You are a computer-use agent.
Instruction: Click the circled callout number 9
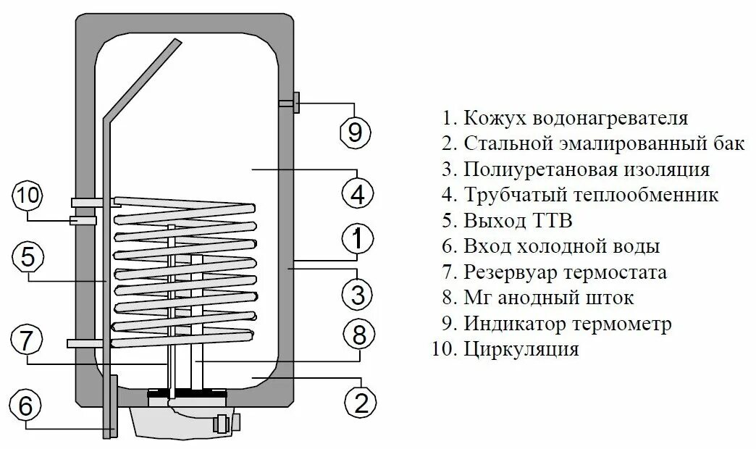coord(355,132)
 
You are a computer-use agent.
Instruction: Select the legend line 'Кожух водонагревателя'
coord(565,118)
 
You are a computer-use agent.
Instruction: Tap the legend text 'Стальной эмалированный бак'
coord(593,143)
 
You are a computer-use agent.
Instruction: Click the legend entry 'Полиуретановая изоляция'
coord(575,169)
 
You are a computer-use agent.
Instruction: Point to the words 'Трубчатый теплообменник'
coord(580,195)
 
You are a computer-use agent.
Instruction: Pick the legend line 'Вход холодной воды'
coord(550,246)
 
